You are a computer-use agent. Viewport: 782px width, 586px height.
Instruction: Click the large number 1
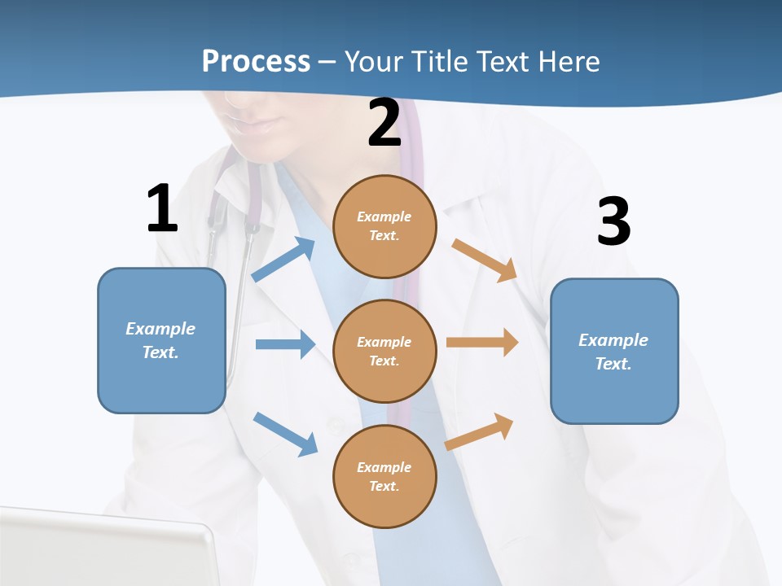coord(162,209)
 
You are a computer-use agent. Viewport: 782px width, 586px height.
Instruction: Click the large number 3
coord(613,221)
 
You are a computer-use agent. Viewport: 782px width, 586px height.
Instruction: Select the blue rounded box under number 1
coord(161,340)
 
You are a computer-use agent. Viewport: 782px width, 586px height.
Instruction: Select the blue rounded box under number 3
coord(614,351)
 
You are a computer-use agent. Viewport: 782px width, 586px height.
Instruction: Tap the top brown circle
coord(384,226)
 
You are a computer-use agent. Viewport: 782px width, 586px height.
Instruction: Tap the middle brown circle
coord(384,351)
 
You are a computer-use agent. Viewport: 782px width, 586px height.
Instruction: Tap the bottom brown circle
coord(384,476)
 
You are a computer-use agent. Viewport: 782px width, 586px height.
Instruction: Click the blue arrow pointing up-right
coord(283,259)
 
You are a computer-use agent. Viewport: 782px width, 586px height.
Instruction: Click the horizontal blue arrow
coord(285,344)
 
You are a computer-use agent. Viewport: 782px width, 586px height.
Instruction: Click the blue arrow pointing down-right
coord(286,434)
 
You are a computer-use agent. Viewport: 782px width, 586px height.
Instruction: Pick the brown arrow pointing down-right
coord(485,260)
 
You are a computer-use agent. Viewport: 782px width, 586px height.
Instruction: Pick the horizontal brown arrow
coord(482,343)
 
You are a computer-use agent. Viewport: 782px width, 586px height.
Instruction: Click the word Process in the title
coord(256,61)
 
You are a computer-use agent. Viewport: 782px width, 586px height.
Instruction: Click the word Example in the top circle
coord(384,216)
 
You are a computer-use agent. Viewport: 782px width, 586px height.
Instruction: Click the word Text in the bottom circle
coord(382,486)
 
